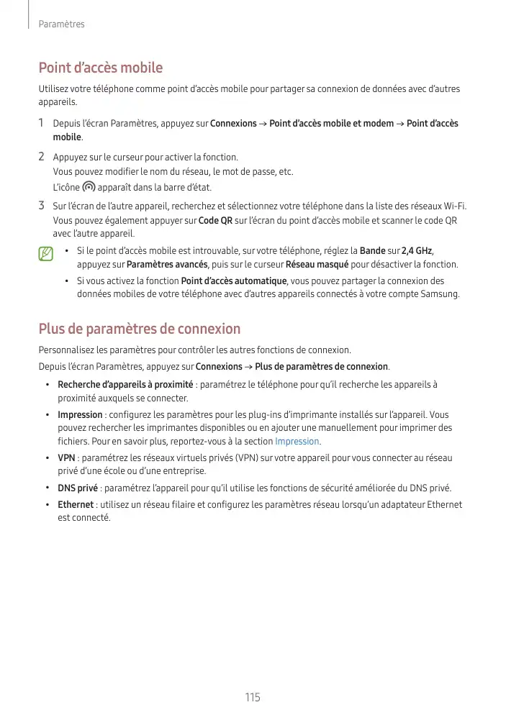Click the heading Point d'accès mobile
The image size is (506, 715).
[100, 68]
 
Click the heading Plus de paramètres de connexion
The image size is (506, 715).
[139, 329]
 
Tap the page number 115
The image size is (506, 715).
[252, 697]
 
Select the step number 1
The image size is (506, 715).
[42, 123]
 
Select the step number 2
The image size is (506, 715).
[42, 156]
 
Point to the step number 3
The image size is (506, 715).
[42, 206]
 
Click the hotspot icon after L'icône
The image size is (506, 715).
[89, 187]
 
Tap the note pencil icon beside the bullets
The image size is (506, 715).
[47, 253]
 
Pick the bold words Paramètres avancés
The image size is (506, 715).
[167, 265]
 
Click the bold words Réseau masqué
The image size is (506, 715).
[317, 265]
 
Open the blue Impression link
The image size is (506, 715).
[297, 441]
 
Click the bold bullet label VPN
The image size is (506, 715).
[66, 457]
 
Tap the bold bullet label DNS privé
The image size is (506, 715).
[78, 488]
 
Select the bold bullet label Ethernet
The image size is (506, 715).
[76, 504]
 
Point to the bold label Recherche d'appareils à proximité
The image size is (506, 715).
[125, 384]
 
